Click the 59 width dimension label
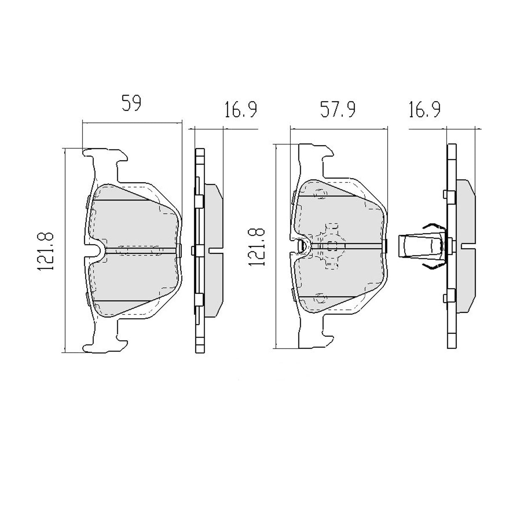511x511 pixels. coord(132,104)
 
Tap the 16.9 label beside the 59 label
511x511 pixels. coord(240,109)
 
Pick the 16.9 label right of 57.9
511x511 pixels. coord(424,109)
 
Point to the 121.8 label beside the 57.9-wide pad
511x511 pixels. coord(257,247)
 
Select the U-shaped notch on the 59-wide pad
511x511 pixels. coord(95,250)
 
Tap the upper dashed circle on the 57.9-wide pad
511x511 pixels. coord(321,194)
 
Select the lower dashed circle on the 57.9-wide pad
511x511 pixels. coord(321,298)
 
